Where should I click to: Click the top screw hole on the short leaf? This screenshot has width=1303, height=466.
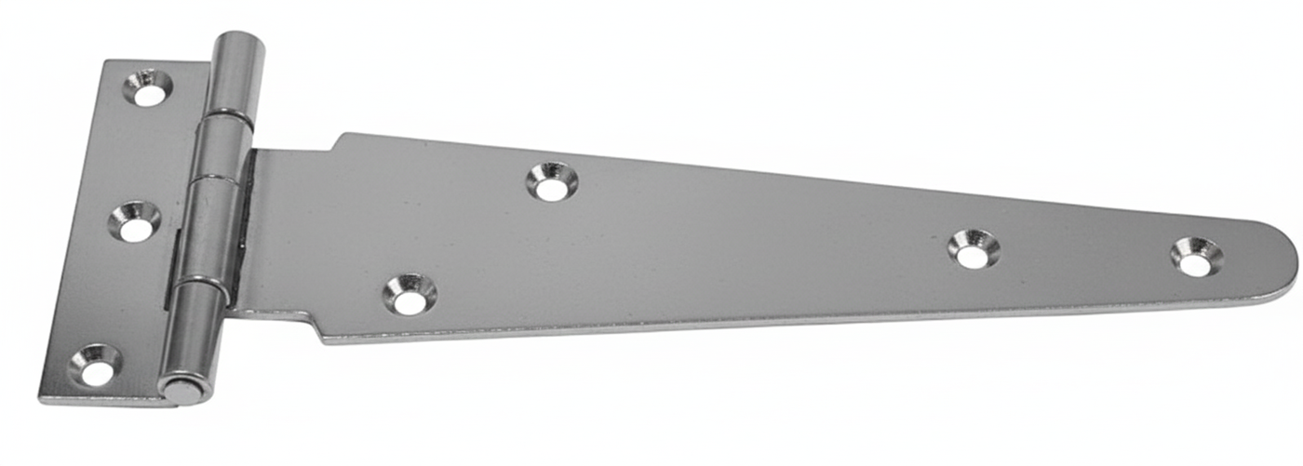(x=147, y=88)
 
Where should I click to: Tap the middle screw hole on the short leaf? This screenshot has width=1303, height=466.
(x=134, y=222)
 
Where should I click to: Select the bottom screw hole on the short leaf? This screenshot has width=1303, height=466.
(x=95, y=366)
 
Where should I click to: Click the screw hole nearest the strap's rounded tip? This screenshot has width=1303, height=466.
(x=1197, y=257)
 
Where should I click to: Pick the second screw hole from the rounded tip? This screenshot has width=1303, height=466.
(x=974, y=248)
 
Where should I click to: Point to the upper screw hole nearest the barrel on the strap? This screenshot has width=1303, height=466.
(x=552, y=181)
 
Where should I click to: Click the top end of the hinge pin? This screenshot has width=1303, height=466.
(x=239, y=41)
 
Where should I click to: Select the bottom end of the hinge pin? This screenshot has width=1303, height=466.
(x=183, y=389)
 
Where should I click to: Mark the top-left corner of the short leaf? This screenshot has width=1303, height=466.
(x=106, y=62)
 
